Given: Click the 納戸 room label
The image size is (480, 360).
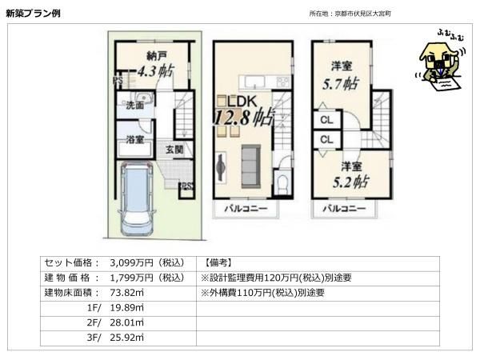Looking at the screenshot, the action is click(157, 56).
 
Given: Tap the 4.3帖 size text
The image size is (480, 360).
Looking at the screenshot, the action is click(155, 71).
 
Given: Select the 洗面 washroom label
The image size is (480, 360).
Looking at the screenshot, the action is click(135, 106).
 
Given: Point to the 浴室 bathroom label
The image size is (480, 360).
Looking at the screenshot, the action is click(135, 139).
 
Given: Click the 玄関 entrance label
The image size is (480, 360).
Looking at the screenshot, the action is click(174, 150).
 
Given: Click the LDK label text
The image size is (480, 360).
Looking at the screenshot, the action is click(242, 102).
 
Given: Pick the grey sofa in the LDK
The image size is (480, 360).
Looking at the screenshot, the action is click(251, 166).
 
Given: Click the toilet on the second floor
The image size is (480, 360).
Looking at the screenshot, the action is click(282, 183).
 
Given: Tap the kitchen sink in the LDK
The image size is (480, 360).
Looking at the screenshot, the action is click(254, 82).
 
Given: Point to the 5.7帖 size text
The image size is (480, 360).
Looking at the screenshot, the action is click(341, 83).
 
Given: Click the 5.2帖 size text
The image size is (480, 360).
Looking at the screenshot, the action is click(350, 182).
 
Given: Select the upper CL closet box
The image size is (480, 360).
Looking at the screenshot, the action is click(327, 120).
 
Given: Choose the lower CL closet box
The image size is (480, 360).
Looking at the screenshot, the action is click(327, 139).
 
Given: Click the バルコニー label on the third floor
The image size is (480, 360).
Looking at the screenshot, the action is click(344, 209).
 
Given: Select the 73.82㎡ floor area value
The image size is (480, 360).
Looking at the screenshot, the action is click(126, 293).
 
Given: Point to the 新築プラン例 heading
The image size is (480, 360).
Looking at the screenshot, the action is click(33, 13).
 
